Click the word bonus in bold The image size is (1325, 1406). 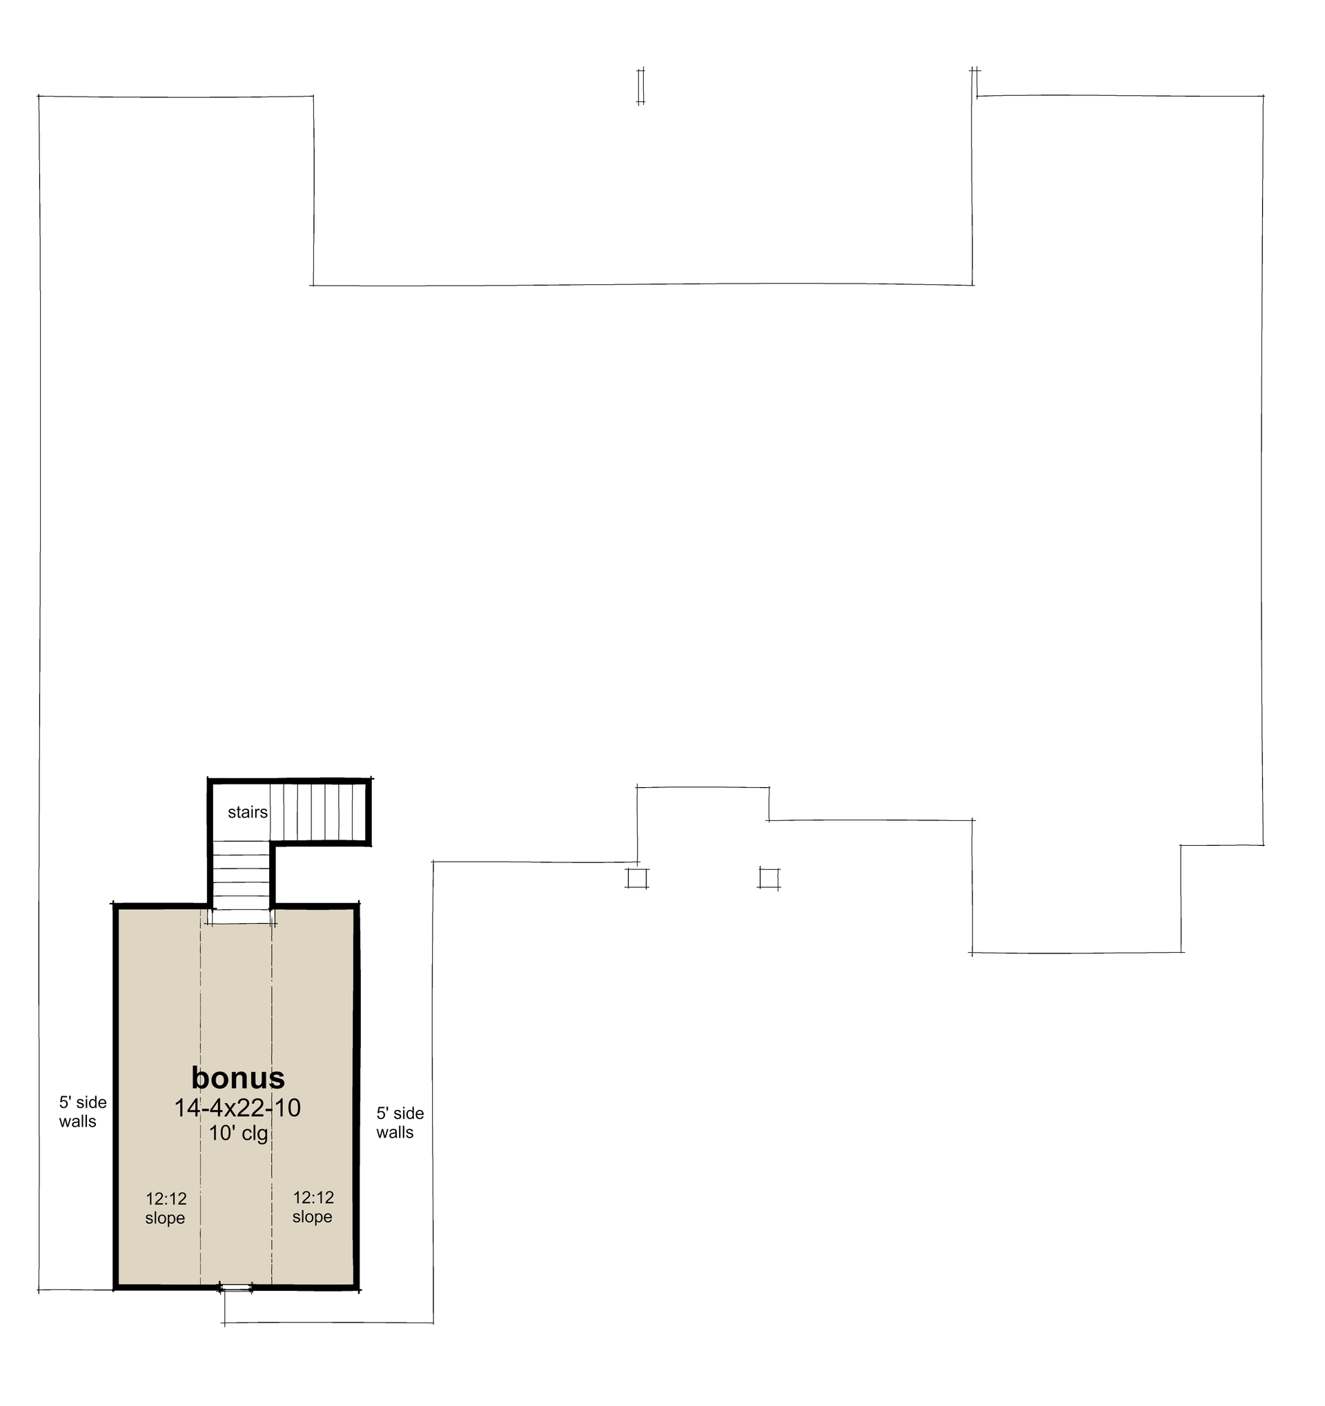(x=237, y=1078)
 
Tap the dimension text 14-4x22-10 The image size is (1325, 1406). (x=237, y=1107)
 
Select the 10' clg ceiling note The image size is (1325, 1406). (x=238, y=1133)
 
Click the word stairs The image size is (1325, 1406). (x=248, y=812)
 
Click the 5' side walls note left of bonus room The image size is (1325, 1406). (x=82, y=1112)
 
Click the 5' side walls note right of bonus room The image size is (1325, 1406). (x=400, y=1122)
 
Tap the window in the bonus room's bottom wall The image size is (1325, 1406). (x=236, y=1287)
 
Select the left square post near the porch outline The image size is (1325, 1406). (x=637, y=878)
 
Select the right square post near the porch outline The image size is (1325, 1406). (x=769, y=878)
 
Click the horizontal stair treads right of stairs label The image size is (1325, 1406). (x=318, y=811)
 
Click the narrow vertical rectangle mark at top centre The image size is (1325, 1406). (x=640, y=86)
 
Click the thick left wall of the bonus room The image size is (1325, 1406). (x=115, y=1096)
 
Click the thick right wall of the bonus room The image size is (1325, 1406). (x=357, y=1096)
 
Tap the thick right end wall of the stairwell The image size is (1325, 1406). (x=369, y=811)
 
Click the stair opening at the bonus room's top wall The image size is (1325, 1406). (x=242, y=916)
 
